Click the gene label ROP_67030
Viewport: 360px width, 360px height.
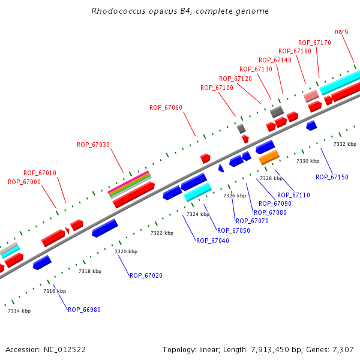click(93, 145)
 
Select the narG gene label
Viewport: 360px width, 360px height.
click(341, 31)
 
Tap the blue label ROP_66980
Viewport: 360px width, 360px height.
click(84, 310)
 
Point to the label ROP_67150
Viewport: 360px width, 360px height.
click(332, 177)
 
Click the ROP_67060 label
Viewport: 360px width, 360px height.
click(166, 107)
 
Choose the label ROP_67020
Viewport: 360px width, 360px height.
click(146, 275)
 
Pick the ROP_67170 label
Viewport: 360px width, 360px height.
click(314, 43)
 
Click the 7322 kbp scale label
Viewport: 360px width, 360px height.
click(162, 233)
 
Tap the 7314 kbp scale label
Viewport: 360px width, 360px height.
click(19, 311)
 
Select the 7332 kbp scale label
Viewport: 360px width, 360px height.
click(345, 144)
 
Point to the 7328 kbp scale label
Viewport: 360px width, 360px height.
click(271, 178)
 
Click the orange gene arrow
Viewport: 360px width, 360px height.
click(269, 157)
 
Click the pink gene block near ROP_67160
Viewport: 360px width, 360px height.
click(311, 95)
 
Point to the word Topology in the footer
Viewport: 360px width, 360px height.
click(178, 349)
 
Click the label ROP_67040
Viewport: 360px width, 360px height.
click(212, 241)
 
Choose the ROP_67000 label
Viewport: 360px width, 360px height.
click(24, 182)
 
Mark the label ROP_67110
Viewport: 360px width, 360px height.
click(293, 195)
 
